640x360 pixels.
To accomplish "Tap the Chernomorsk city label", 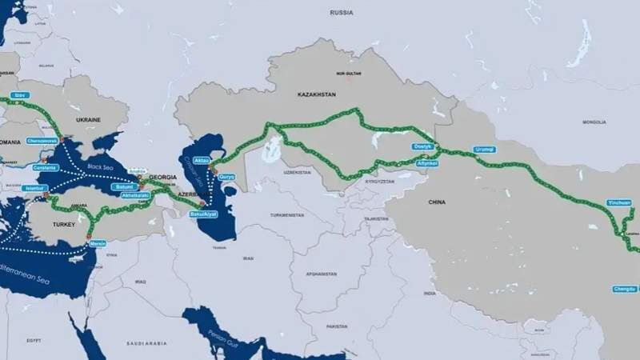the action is click(41, 141).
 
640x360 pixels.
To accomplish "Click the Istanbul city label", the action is click(36, 188).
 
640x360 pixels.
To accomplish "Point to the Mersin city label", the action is click(98, 243).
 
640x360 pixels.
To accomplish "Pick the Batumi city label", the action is click(124, 186).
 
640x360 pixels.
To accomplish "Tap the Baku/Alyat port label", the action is click(203, 214).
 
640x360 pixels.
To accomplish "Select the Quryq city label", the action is click(227, 176).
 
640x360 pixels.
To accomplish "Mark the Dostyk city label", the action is click(422, 146).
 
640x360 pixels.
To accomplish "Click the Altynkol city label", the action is click(427, 163).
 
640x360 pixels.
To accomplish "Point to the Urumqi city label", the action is click(485, 150).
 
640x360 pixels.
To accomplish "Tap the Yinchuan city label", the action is click(618, 202).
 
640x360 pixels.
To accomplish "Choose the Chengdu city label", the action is click(625, 288).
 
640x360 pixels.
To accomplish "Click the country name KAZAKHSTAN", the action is click(316, 94).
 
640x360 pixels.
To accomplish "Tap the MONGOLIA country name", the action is click(594, 122).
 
